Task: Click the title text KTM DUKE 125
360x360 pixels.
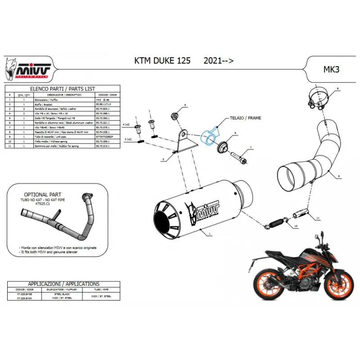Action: pos(162,60)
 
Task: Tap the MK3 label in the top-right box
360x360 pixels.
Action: pos(332,69)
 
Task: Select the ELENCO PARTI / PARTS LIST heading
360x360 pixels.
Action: pos(62,89)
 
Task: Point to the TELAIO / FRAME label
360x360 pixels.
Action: pos(246,118)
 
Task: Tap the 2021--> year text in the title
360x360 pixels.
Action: pos(218,60)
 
